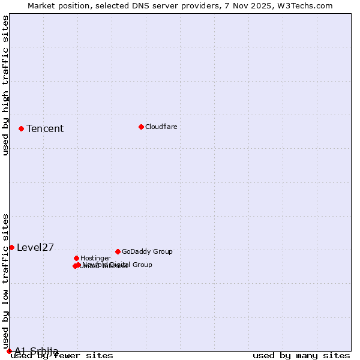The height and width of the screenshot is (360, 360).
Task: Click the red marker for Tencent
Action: [21, 128]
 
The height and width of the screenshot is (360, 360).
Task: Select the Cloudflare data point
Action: [141, 127]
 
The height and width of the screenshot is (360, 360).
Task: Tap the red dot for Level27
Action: [11, 247]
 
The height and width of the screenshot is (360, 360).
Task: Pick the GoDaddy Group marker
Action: [118, 251]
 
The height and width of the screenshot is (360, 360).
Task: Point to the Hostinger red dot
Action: [76, 258]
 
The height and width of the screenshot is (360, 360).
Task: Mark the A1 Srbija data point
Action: [9, 351]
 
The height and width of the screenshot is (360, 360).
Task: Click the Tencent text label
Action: [45, 129]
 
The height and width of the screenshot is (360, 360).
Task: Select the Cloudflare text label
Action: [161, 127]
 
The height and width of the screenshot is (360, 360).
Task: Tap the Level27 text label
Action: [35, 248]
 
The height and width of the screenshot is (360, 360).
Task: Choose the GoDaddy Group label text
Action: [147, 252]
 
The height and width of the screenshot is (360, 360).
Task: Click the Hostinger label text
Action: [95, 259]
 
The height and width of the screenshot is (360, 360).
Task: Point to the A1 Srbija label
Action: [37, 351]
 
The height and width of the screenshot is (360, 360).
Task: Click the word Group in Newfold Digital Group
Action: [142, 265]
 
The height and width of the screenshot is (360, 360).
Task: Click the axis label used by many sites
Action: [301, 356]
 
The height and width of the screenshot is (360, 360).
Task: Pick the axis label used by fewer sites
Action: [62, 356]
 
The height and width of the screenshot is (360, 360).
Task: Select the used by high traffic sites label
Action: [5, 86]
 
